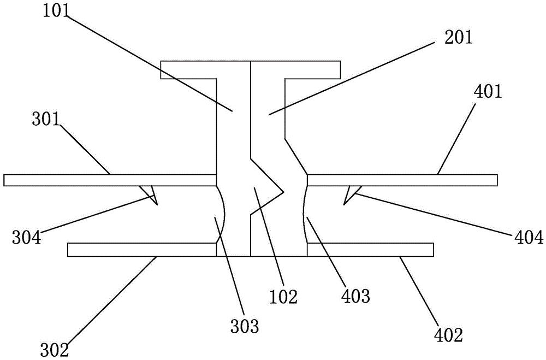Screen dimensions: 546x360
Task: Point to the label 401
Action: click(488, 93)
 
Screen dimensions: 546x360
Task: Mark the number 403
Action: click(357, 297)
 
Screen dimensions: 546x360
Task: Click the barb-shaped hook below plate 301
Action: click(150, 193)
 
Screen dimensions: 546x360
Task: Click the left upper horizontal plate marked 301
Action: click(109, 180)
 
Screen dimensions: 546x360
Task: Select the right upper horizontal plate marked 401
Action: click(404, 180)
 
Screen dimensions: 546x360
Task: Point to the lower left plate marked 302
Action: click(142, 250)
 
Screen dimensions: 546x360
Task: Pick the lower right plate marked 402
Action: click(371, 250)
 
